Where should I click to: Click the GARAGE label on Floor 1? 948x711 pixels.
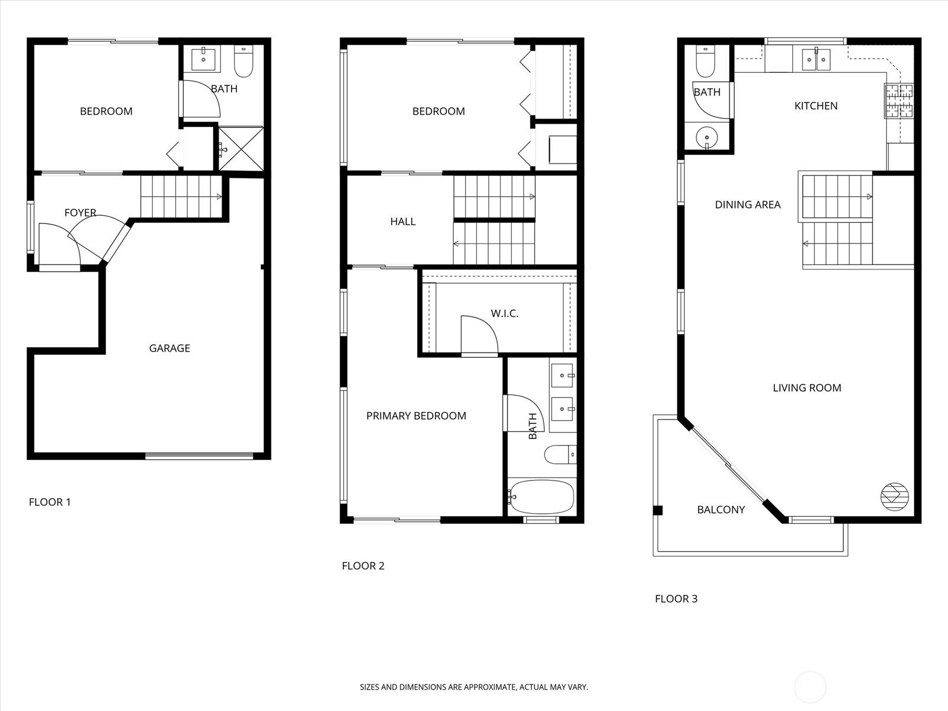click(x=169, y=348)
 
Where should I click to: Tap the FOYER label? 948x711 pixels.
click(x=81, y=212)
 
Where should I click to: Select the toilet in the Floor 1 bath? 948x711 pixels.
click(x=244, y=62)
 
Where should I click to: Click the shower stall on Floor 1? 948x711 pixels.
click(x=241, y=148)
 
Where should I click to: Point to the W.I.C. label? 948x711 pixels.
click(x=504, y=313)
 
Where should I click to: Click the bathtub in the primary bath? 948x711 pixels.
click(x=542, y=497)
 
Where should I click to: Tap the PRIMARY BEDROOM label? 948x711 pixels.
click(x=416, y=416)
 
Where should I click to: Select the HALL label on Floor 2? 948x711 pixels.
click(x=402, y=222)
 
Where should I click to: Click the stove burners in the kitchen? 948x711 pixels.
click(x=899, y=101)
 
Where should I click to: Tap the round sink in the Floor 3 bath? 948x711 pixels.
click(x=707, y=138)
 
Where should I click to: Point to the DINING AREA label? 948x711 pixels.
click(x=748, y=204)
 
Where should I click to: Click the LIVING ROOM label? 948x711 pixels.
click(x=807, y=387)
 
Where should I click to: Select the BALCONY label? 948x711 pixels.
click(x=721, y=510)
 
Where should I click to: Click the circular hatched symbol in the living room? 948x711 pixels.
click(x=895, y=497)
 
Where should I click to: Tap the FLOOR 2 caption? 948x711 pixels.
click(x=363, y=565)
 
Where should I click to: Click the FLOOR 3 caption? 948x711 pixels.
click(x=676, y=598)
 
